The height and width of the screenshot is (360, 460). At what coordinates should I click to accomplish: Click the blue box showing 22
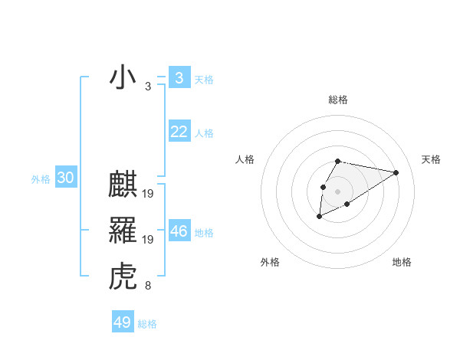(x=179, y=132)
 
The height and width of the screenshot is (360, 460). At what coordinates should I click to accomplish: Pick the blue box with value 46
(x=179, y=231)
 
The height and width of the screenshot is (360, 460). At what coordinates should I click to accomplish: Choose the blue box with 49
(x=123, y=322)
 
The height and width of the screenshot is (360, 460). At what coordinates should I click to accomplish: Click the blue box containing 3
(x=179, y=78)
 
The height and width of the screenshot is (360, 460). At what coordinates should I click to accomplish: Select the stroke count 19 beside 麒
(x=148, y=195)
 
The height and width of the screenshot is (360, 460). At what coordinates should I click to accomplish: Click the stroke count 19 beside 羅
(x=148, y=240)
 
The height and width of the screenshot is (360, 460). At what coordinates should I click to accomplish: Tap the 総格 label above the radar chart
(x=338, y=100)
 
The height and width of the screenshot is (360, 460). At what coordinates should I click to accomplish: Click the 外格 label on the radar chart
(x=270, y=262)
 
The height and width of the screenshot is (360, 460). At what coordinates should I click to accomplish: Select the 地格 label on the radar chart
(x=402, y=262)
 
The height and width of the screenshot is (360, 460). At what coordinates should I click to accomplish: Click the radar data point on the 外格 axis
(x=319, y=218)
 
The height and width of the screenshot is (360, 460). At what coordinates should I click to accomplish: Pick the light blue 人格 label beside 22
(x=204, y=133)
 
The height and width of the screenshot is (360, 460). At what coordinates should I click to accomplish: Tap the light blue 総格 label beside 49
(x=147, y=324)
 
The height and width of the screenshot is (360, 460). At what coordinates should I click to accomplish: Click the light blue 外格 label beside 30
(x=41, y=179)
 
